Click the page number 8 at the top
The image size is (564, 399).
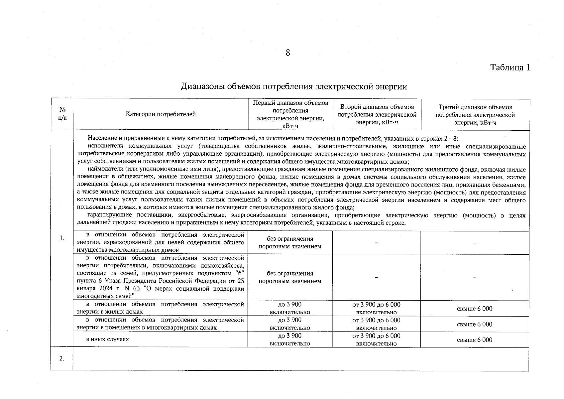pos(287,53)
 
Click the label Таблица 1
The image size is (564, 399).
pos(510,67)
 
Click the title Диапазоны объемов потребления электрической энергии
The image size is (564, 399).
pos(294,86)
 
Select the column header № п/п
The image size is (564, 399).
pos(62,114)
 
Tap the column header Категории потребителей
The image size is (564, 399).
pos(161,114)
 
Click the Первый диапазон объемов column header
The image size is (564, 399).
pos(290,114)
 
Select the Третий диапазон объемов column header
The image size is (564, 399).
pos(475,114)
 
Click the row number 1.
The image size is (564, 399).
pos(62,238)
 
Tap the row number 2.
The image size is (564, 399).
pos(62,358)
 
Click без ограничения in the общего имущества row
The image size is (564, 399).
pos(290,242)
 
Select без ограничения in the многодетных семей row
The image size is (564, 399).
pos(290,277)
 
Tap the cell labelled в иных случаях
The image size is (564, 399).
pos(107,339)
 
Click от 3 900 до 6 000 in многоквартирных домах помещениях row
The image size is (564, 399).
pos(376,324)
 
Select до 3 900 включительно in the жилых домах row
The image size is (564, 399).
pos(290,308)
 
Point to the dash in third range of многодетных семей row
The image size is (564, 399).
pos(475,277)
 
